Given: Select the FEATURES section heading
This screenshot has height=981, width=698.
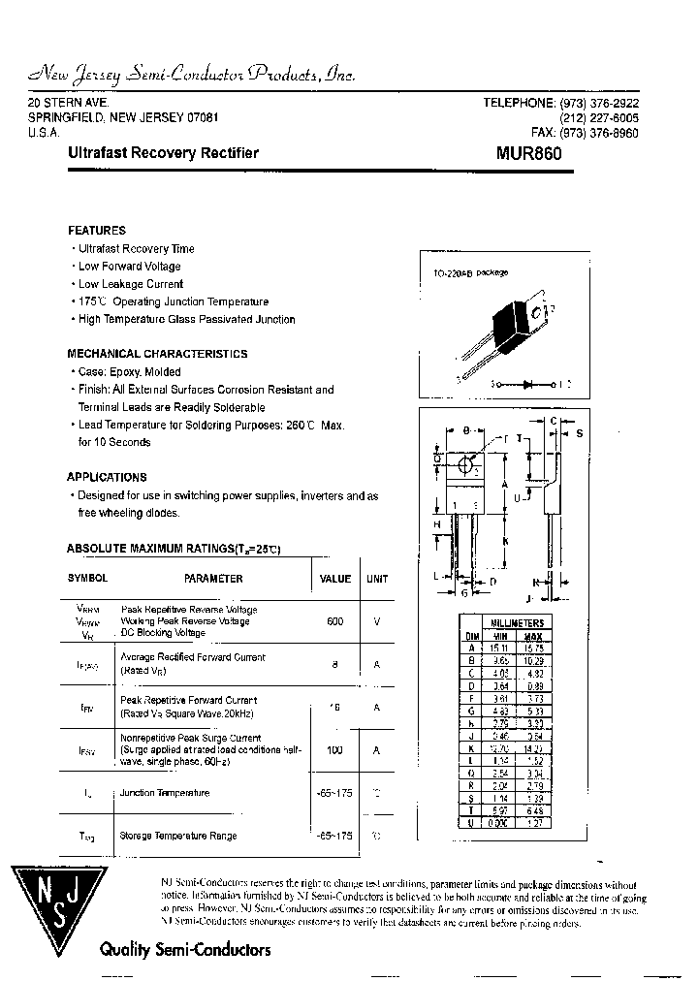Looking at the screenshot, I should tap(96, 231).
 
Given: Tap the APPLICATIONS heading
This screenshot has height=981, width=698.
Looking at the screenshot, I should tap(107, 477).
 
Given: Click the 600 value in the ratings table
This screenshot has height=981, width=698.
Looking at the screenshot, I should tap(335, 620).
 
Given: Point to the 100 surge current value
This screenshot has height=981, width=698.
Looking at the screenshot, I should tap(335, 749).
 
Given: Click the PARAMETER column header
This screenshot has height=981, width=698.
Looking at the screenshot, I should tap(213, 579).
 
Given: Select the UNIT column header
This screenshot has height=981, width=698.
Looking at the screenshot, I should tap(377, 579).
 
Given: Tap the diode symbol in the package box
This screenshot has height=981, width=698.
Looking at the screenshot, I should tap(527, 384).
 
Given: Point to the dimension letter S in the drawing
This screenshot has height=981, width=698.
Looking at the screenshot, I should tap(579, 433).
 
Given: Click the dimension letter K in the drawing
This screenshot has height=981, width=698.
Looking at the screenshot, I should tap(506, 540).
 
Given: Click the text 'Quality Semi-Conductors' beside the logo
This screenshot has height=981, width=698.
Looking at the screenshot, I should tap(185, 950).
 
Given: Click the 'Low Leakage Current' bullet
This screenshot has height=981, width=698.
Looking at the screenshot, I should tap(131, 284).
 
